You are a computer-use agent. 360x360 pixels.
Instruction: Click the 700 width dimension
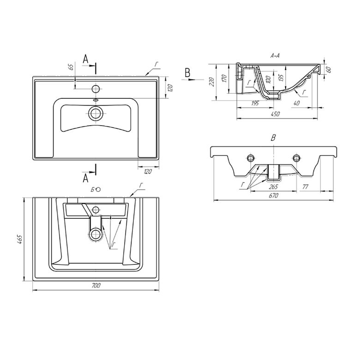96,286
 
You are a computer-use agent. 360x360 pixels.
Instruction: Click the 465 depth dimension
20,239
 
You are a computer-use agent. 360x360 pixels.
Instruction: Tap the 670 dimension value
273,196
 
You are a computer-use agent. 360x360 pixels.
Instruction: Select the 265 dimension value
273,187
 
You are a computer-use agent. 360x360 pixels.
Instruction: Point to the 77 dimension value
305,187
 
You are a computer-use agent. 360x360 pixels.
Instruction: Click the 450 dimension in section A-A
276,114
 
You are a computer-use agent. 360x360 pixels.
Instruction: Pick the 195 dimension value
255,103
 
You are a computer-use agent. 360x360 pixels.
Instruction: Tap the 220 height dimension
212,82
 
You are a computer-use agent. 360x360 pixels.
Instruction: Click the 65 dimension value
71,67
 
